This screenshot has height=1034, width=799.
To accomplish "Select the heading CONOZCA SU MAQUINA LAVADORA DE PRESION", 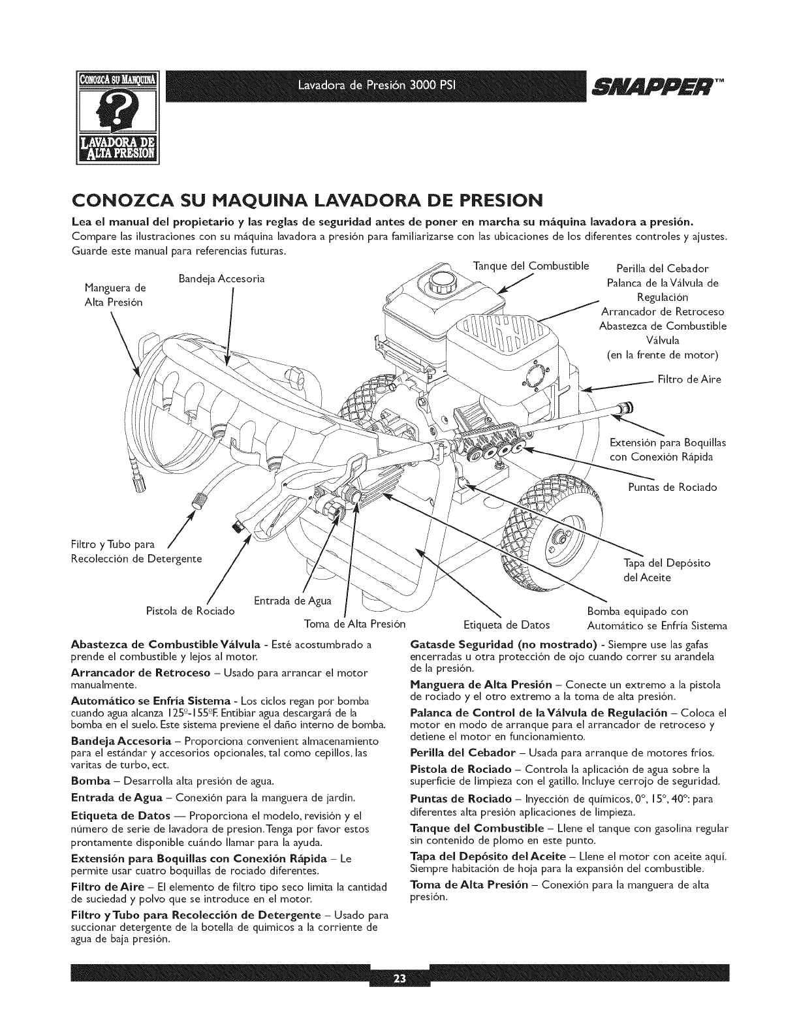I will point(306,198).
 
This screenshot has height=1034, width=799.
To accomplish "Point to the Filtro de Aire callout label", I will point(689,379).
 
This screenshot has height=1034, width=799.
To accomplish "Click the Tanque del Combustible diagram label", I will point(531,266).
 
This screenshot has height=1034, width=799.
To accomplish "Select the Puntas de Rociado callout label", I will point(672,487).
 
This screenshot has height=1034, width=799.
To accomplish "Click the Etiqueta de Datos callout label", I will point(506,625).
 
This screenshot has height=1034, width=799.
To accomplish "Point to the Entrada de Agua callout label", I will point(291,600).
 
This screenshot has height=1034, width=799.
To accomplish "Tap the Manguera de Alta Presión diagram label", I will point(116,295).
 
